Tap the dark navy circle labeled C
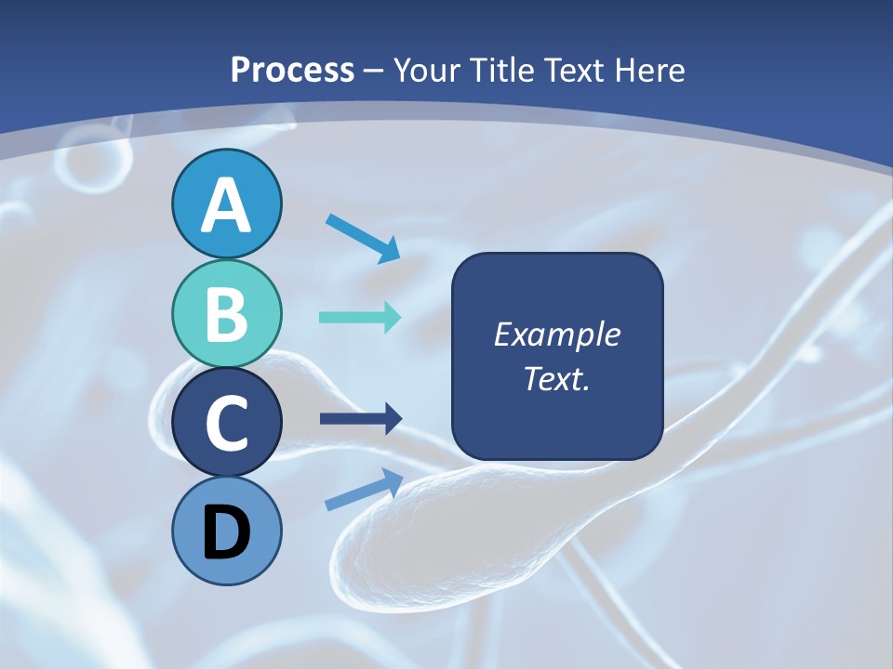pyautogui.click(x=226, y=423)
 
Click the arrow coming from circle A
pyautogui.click(x=362, y=238)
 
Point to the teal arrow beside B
pyautogui.click(x=360, y=317)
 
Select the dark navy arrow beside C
pyautogui.click(x=360, y=419)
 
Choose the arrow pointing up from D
pyautogui.click(x=363, y=489)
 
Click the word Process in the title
pyautogui.click(x=292, y=70)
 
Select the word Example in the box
pyautogui.click(x=556, y=334)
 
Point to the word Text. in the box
pyautogui.click(x=556, y=379)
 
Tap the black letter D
pyautogui.click(x=226, y=532)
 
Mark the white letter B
pyautogui.click(x=226, y=314)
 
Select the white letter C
pyautogui.click(x=226, y=423)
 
